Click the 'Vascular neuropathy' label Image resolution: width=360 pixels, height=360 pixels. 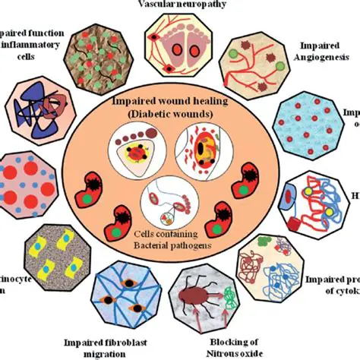tap(179, 5)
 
